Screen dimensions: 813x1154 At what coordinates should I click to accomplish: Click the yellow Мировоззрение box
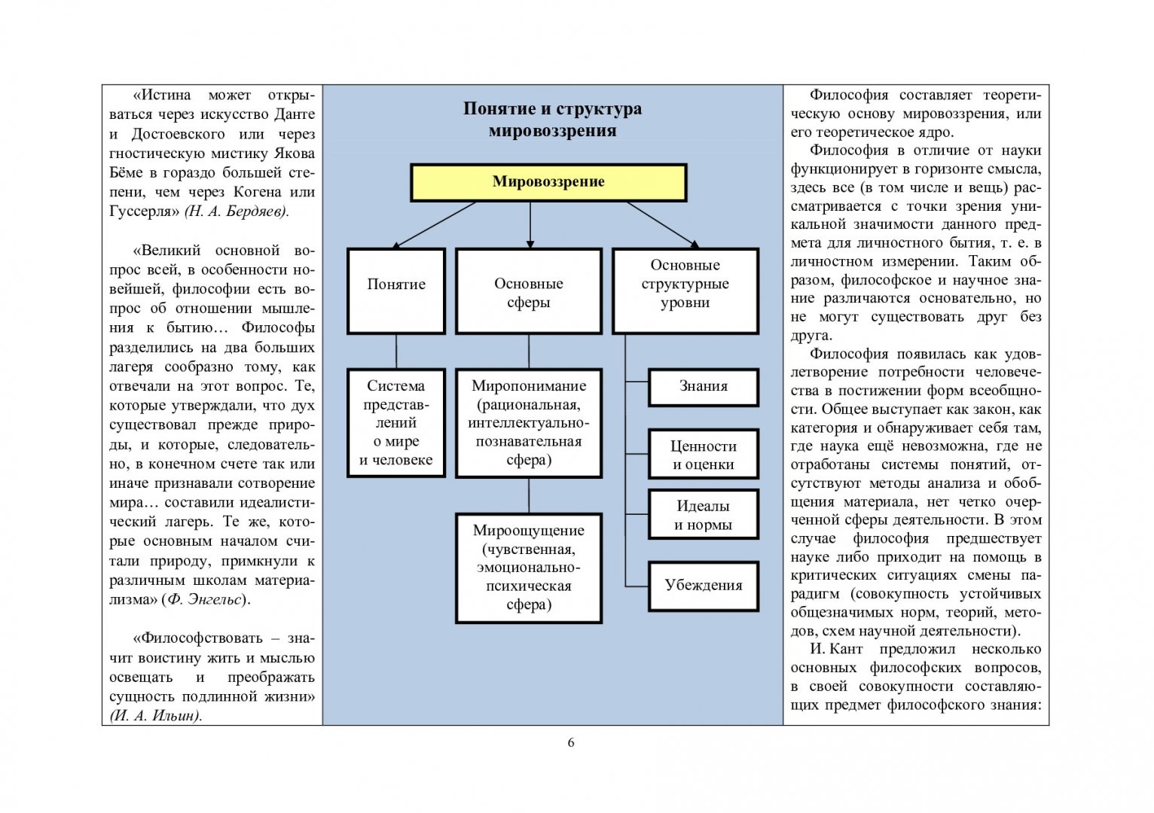pos(548,182)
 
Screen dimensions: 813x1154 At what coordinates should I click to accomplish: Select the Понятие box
pos(396,291)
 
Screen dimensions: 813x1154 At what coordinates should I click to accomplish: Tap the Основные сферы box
pos(529,291)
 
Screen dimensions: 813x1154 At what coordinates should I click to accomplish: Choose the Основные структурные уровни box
pos(685,291)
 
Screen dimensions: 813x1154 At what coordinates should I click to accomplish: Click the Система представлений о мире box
pos(396,422)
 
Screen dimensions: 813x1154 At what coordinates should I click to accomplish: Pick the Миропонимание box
pos(529,422)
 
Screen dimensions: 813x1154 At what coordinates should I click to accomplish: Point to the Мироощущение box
pos(529,568)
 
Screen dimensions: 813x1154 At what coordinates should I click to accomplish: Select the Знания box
pos(703,387)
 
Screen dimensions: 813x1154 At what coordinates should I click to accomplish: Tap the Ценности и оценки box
pos(703,454)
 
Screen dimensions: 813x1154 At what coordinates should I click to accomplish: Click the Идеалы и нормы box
pos(703,515)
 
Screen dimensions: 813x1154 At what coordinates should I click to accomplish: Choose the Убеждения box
pos(703,585)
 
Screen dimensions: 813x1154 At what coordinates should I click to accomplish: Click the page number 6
pos(571,742)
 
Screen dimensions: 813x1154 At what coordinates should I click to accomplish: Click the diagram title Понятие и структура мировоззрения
pos(552,120)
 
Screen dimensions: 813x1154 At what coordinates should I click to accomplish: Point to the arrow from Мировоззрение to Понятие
pos(435,224)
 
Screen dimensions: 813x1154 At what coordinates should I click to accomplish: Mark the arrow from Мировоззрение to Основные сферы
pos(530,224)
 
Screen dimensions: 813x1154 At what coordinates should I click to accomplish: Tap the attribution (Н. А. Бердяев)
pos(237,212)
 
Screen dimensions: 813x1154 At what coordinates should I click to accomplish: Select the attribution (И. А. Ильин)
pos(156,716)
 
